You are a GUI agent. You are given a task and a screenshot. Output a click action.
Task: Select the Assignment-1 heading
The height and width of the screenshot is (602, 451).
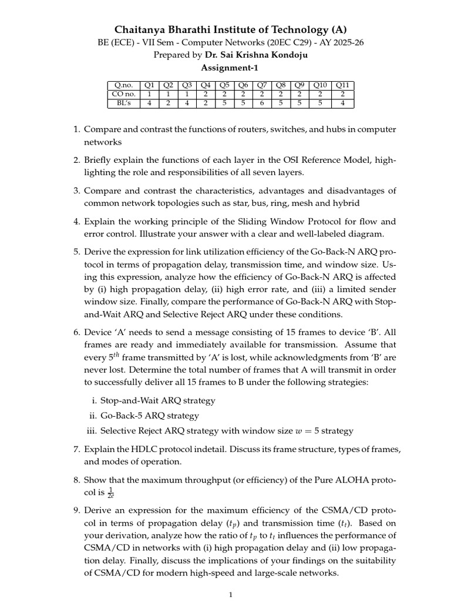(x=225, y=68)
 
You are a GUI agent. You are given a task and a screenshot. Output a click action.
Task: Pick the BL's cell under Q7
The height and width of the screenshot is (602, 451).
(x=263, y=103)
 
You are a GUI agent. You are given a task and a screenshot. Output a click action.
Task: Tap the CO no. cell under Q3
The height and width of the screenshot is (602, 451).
(x=187, y=95)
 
